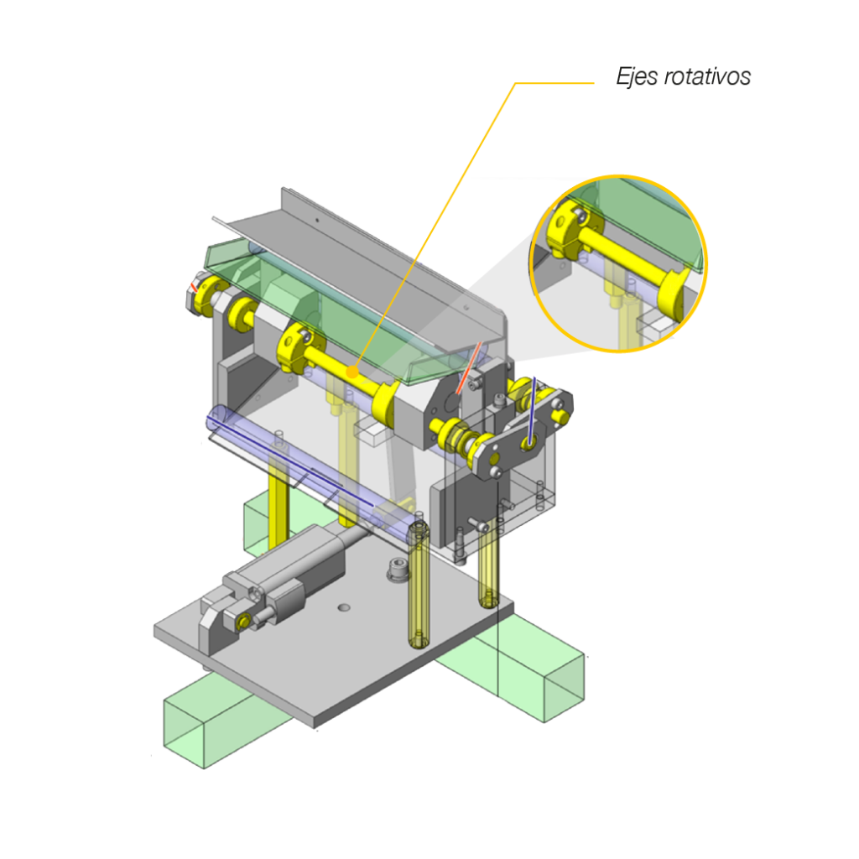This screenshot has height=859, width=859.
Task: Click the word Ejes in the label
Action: click(x=636, y=77)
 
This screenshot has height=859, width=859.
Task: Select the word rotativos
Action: click(x=706, y=77)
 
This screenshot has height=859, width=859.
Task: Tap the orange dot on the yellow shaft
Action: click(x=353, y=372)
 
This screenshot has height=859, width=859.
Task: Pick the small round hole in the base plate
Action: click(x=343, y=607)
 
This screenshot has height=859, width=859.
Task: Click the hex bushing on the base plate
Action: click(x=398, y=569)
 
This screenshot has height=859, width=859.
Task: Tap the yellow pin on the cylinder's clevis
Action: click(x=242, y=622)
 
